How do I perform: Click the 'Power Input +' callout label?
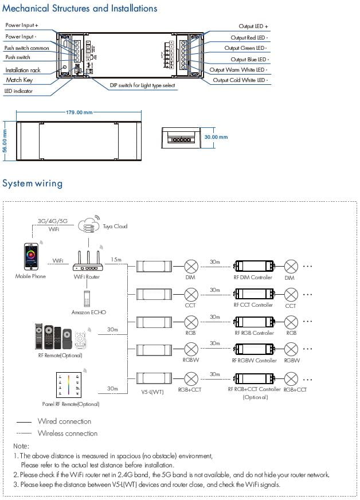tap(22, 26)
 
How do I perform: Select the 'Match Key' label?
tap(19, 80)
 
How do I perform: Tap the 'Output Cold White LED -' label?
tap(240, 80)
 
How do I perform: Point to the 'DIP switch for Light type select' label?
tap(143, 85)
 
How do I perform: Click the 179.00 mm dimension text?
tap(79, 112)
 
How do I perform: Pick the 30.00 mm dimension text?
tap(216, 138)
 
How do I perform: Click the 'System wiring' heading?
tap(33, 184)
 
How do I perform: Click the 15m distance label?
tap(116, 260)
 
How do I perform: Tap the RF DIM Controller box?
tap(253, 267)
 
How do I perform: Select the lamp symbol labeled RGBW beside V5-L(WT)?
tap(190, 349)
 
